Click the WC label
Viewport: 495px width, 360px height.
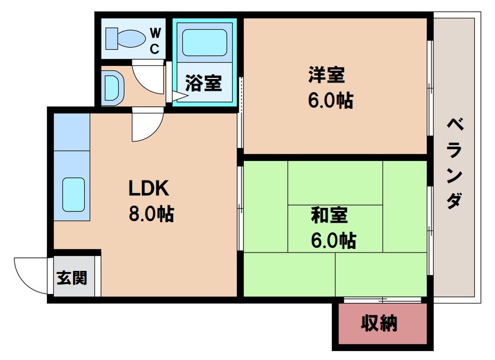[154, 40]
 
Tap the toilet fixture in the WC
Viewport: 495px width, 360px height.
[124, 39]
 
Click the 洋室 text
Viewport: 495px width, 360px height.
[326, 76]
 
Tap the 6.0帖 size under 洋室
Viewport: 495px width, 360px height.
[330, 100]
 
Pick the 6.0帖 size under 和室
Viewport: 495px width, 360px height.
[332, 240]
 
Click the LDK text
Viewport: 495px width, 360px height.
[150, 188]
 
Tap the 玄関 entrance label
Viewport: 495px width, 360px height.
[71, 277]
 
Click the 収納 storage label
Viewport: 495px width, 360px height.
[379, 324]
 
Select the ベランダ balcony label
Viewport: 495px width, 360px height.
[453, 163]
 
